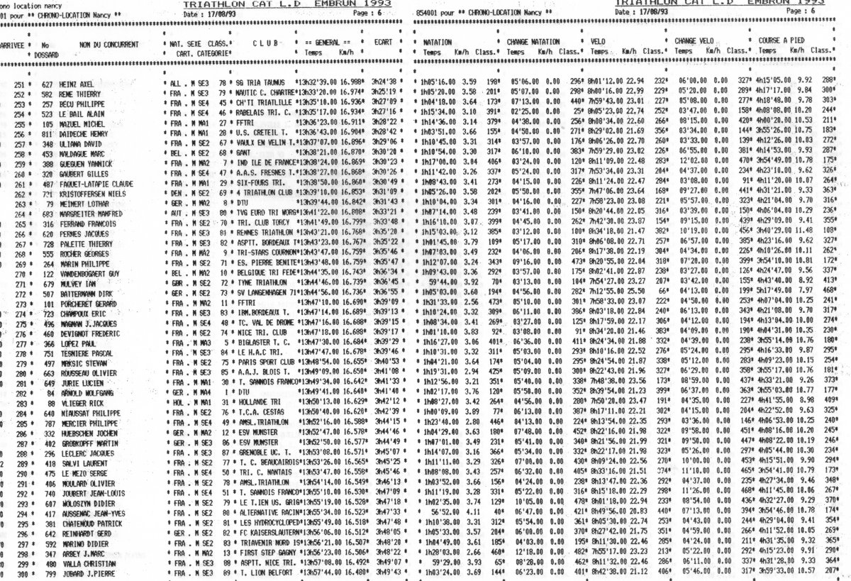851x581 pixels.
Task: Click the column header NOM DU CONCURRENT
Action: pyautogui.click(x=108, y=44)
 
